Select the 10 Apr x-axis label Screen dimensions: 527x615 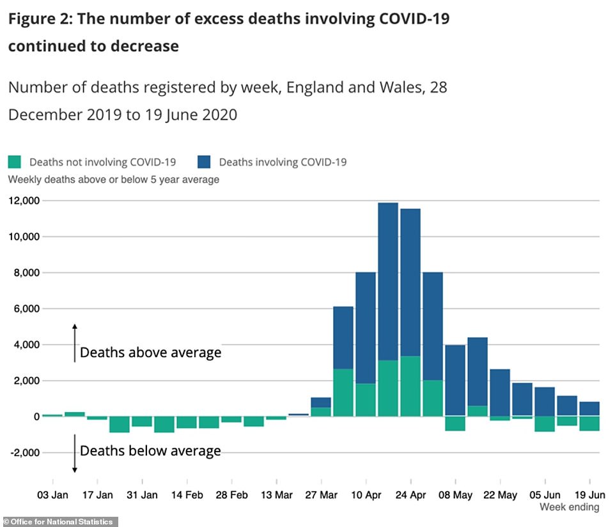(366, 494)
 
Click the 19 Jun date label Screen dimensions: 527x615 (589, 494)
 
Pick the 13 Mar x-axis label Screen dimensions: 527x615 (276, 494)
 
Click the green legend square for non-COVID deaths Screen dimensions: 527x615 (15, 162)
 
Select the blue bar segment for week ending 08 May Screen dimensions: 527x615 (455, 380)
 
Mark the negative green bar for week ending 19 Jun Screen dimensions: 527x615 (589, 424)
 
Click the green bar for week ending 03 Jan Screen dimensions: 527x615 (52, 415)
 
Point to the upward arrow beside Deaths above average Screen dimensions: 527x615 (74, 342)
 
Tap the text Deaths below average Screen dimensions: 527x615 (150, 451)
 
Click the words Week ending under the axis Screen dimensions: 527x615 (570, 507)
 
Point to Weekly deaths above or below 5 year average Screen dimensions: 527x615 (114, 179)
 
